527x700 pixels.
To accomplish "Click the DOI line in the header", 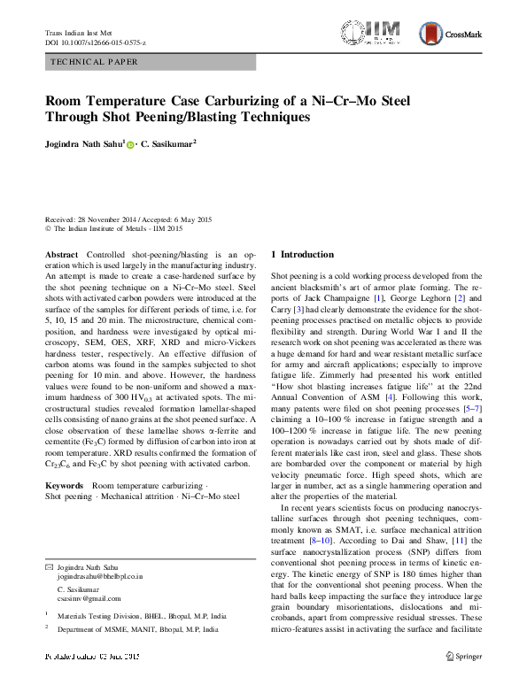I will pos(96,42).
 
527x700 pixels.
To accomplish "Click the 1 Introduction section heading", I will pos(302,254).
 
